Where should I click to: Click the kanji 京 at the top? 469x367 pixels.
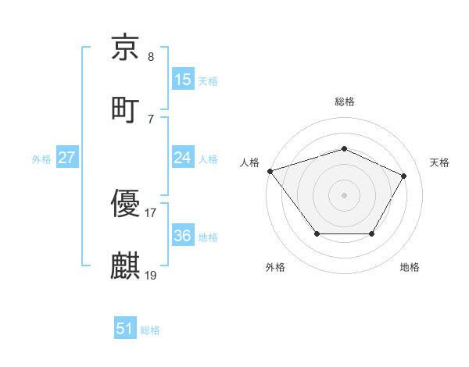pos(125,48)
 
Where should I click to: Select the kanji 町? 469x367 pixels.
pos(125,109)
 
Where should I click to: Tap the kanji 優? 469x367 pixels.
pos(125,204)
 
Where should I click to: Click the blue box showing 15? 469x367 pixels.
pos(183,79)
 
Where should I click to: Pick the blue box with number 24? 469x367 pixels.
pos(183,158)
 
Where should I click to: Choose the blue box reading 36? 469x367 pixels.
pos(183,236)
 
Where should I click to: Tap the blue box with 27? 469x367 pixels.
pos(67,158)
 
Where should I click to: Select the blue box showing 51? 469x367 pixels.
pos(125,329)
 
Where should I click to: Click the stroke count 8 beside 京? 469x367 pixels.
pos(150,57)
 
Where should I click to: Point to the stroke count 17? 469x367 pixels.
pos(150,212)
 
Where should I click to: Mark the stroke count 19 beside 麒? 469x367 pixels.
pos(151,275)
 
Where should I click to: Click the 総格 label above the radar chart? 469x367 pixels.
pos(344,102)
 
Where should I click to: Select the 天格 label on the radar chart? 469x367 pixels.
pos(440,162)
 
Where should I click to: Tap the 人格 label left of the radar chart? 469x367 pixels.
pos(249,162)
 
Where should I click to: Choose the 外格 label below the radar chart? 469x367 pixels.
pos(274,268)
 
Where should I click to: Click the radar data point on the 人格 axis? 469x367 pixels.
pos(270,171)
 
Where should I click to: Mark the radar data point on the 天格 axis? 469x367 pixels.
pos(403,176)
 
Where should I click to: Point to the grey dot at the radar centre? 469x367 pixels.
pos(344,194)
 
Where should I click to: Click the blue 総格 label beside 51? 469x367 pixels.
pos(150,330)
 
